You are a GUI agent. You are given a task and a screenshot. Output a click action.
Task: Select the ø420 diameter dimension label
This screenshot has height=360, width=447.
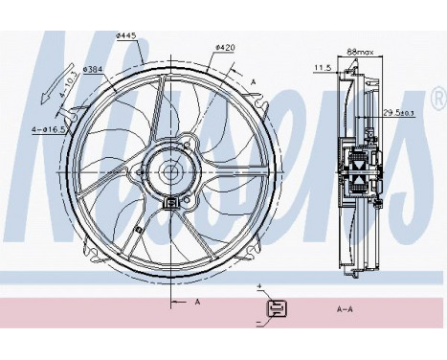coord(225,46)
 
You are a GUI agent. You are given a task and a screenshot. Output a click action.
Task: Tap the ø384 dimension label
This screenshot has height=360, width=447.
coord(93,68)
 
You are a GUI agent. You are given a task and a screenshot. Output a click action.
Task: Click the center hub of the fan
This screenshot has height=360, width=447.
coord(171,174)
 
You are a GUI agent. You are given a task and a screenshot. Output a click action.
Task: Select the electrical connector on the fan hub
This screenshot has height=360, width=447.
coord(171,202)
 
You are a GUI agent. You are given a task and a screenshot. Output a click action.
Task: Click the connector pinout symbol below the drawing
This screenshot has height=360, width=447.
coord(276,308)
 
